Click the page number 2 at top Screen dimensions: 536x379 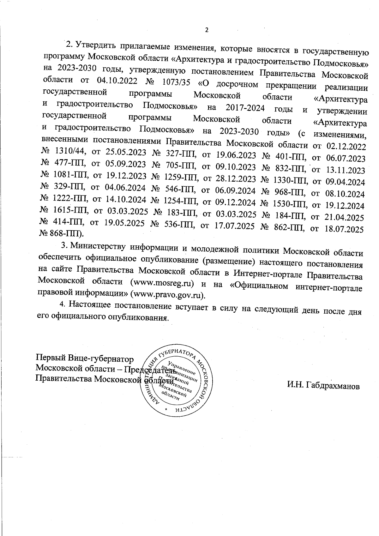(x=207, y=30)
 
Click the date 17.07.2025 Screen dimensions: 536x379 (x=235, y=227)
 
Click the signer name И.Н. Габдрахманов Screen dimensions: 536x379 (x=323, y=386)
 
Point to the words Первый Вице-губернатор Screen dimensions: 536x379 (x=85, y=359)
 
